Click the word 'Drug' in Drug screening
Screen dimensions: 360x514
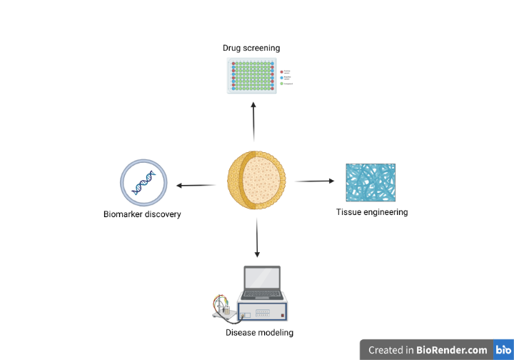231,49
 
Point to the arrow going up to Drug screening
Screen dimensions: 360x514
253,121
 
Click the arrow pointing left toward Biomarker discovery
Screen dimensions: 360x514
196,186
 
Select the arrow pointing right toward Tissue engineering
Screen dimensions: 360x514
314,181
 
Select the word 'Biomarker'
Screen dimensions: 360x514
124,214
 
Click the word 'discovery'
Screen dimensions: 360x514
163,214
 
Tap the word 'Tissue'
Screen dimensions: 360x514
348,212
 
